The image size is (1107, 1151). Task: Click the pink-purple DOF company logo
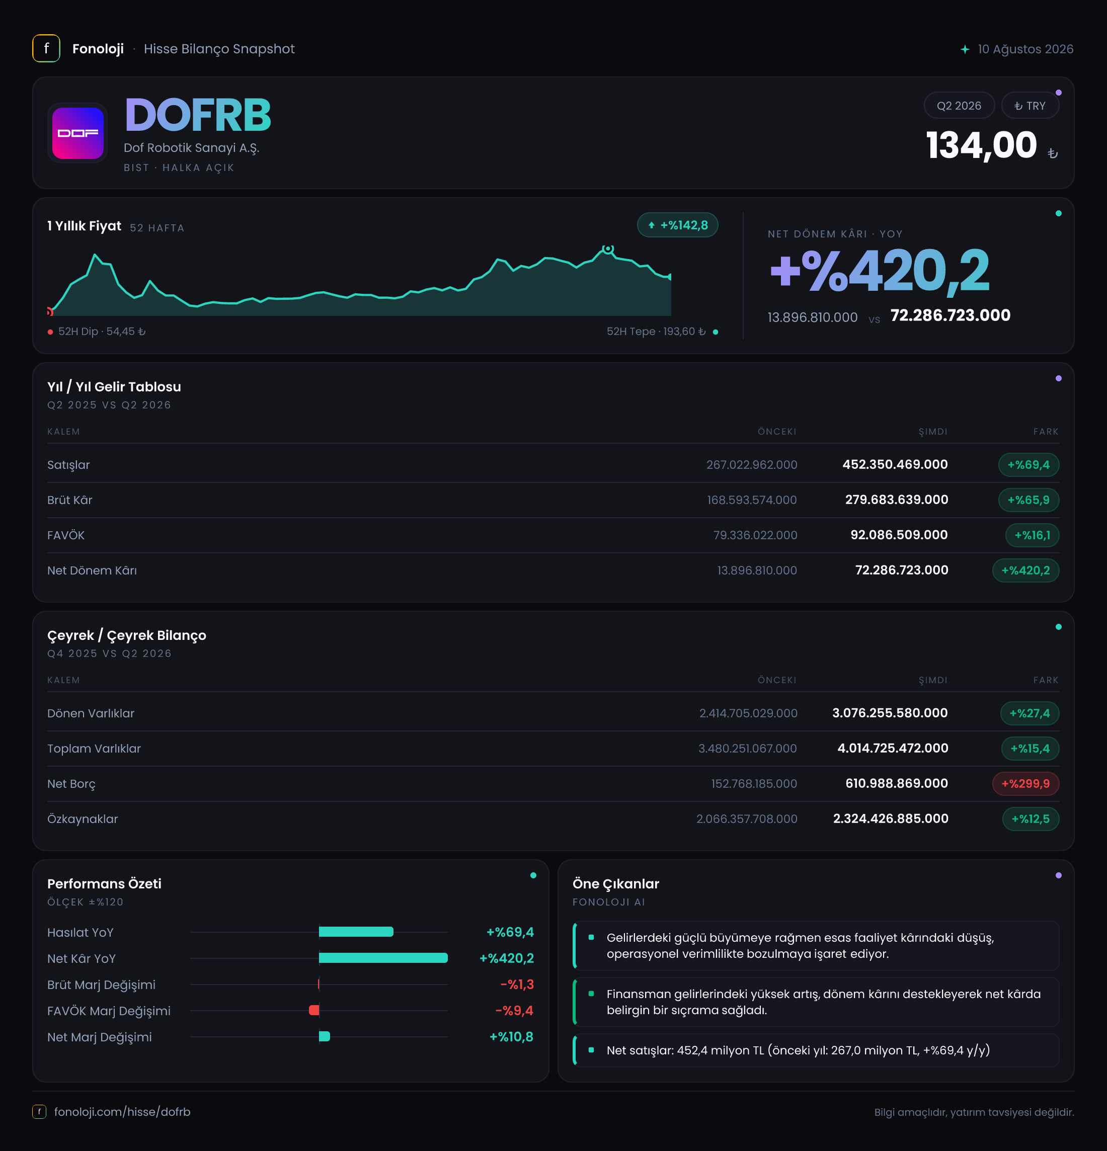(77, 133)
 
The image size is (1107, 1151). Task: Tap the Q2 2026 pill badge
(959, 106)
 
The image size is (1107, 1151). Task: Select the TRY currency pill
(1030, 106)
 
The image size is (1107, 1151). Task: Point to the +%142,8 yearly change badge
(677, 225)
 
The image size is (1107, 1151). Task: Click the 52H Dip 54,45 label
(97, 332)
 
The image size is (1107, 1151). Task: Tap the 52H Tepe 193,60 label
(662, 332)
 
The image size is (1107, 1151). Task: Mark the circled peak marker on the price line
(608, 249)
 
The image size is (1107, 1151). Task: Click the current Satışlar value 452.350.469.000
(895, 464)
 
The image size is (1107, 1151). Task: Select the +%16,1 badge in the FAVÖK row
(1032, 535)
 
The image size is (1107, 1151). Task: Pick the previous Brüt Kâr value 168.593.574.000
(752, 500)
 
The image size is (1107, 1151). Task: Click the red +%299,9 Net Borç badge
(1025, 783)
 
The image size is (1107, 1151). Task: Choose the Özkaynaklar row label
(83, 818)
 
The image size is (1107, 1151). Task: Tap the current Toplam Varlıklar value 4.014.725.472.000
(893, 748)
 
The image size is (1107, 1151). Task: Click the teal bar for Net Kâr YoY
(383, 958)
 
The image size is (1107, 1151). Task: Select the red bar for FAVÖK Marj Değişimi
(314, 1010)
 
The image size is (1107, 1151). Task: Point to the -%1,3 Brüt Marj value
(517, 984)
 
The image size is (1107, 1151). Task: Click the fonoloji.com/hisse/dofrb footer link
(122, 1112)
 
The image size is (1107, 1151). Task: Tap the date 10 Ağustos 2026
(1025, 49)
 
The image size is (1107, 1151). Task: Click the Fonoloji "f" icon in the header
(46, 49)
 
